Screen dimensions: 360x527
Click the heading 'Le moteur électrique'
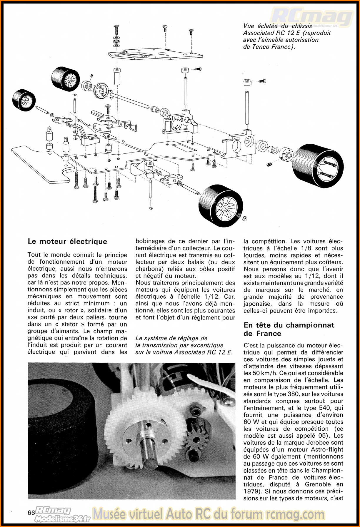[67, 241]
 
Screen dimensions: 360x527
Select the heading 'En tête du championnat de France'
[289, 329]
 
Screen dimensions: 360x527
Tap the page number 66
[31, 513]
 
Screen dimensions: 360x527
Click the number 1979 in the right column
[251, 491]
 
